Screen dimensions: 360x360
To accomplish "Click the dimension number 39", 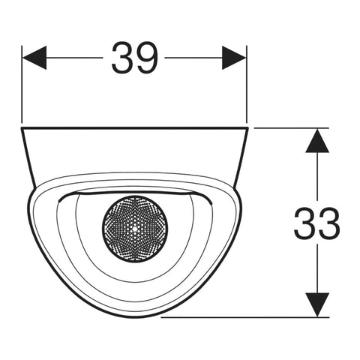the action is coord(135,58).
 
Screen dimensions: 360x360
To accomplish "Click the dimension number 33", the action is coord(316,223).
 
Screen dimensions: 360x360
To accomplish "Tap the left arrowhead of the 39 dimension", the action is coord(34,58).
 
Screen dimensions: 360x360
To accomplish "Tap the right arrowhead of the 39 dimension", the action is coord(234,58).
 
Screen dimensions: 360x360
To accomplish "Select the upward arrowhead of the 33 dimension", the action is coord(317,140).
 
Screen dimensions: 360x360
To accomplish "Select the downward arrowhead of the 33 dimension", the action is coord(317,304).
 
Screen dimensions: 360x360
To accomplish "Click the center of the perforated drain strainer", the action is coord(135,229).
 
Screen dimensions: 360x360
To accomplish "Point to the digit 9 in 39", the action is coord(147,58).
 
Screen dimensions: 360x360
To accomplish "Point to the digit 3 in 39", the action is coord(122,58).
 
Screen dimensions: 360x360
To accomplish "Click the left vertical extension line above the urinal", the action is coord(22,85).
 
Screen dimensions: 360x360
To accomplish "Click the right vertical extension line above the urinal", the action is coord(247,85).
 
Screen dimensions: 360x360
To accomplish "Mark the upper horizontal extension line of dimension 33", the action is coord(292,128).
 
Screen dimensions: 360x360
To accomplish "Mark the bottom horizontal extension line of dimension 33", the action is coord(245,317).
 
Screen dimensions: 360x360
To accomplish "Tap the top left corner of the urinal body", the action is coord(22,127).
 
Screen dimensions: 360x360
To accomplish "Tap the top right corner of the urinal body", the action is coord(247,127).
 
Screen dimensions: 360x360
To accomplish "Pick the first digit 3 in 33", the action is coord(304,223).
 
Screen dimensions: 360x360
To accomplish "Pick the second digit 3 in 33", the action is coord(329,223).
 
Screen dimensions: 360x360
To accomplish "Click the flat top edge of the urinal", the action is coord(135,128).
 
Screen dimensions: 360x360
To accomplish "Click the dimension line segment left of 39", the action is coord(75,58).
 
